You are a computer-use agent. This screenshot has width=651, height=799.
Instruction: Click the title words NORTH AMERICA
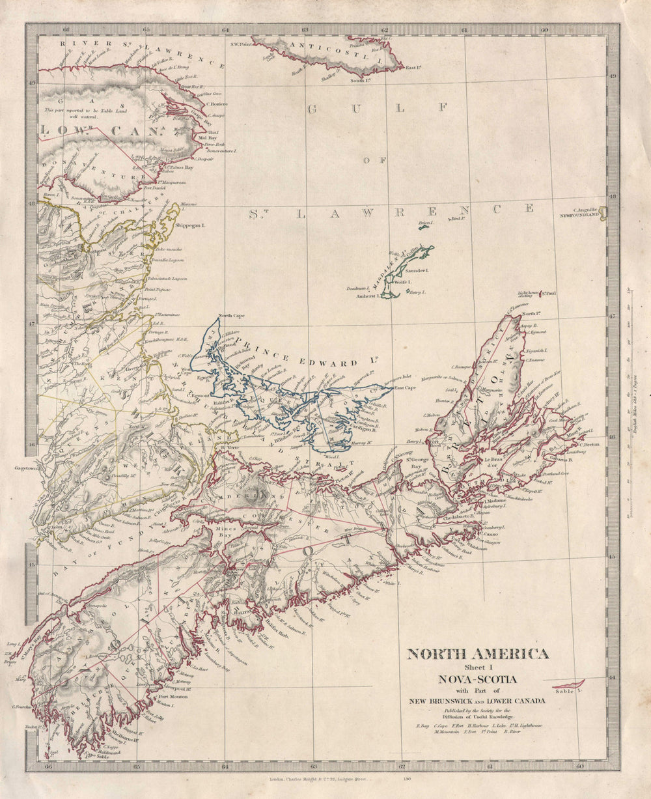click(478, 654)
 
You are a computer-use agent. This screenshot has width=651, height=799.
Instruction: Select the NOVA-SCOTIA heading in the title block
click(478, 679)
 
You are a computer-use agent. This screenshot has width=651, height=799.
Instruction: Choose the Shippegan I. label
click(190, 225)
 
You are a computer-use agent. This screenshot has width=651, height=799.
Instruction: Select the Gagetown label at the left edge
click(27, 468)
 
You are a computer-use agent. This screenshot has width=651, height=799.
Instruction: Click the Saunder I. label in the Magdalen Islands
click(416, 270)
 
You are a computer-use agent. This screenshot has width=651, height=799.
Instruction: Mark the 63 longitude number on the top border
click(305, 29)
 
